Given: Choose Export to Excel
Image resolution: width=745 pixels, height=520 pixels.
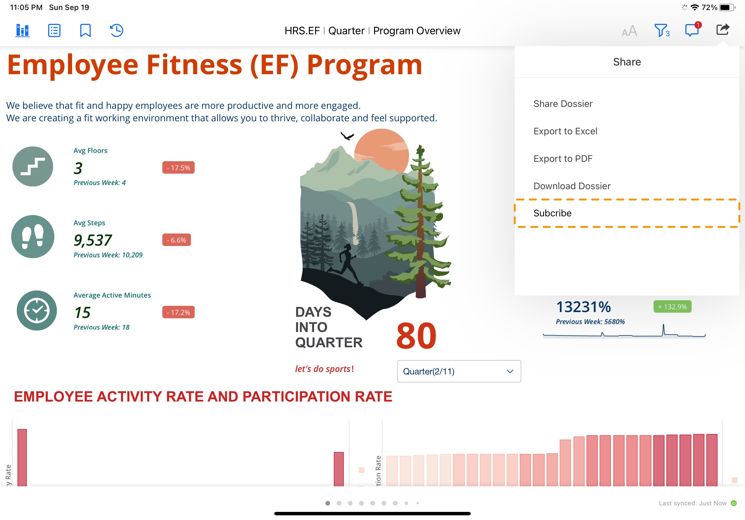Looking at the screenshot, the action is (x=565, y=131).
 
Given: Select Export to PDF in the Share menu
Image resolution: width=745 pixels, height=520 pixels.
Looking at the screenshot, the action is (x=562, y=159).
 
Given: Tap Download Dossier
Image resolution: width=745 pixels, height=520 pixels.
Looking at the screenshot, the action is (x=572, y=186).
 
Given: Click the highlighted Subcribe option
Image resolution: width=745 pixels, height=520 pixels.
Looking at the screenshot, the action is (x=552, y=213).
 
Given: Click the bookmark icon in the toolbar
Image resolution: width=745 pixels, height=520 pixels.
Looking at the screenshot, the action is (x=85, y=31).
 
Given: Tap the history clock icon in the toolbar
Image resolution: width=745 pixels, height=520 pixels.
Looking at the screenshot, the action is (x=116, y=31).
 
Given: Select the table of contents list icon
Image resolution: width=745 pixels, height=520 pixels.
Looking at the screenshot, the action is (x=54, y=31).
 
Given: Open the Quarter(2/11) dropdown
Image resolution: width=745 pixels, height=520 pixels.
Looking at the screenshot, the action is (x=459, y=371).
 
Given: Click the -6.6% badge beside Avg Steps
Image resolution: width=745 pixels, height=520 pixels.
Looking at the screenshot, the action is (x=177, y=240).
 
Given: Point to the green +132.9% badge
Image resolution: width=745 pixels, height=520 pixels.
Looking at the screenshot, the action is (x=672, y=307).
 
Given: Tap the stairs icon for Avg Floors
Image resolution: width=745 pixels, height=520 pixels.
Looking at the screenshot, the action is (x=33, y=166).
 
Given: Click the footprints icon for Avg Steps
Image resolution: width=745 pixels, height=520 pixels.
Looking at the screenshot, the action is (x=33, y=237).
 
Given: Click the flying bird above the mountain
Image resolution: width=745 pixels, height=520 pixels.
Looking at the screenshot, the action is (x=347, y=136).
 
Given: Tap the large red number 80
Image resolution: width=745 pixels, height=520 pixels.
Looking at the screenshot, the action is (x=416, y=336).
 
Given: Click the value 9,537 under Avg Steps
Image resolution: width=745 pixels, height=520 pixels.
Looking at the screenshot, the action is (x=93, y=240).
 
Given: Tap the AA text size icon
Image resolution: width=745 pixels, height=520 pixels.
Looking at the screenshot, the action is (x=630, y=31).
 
